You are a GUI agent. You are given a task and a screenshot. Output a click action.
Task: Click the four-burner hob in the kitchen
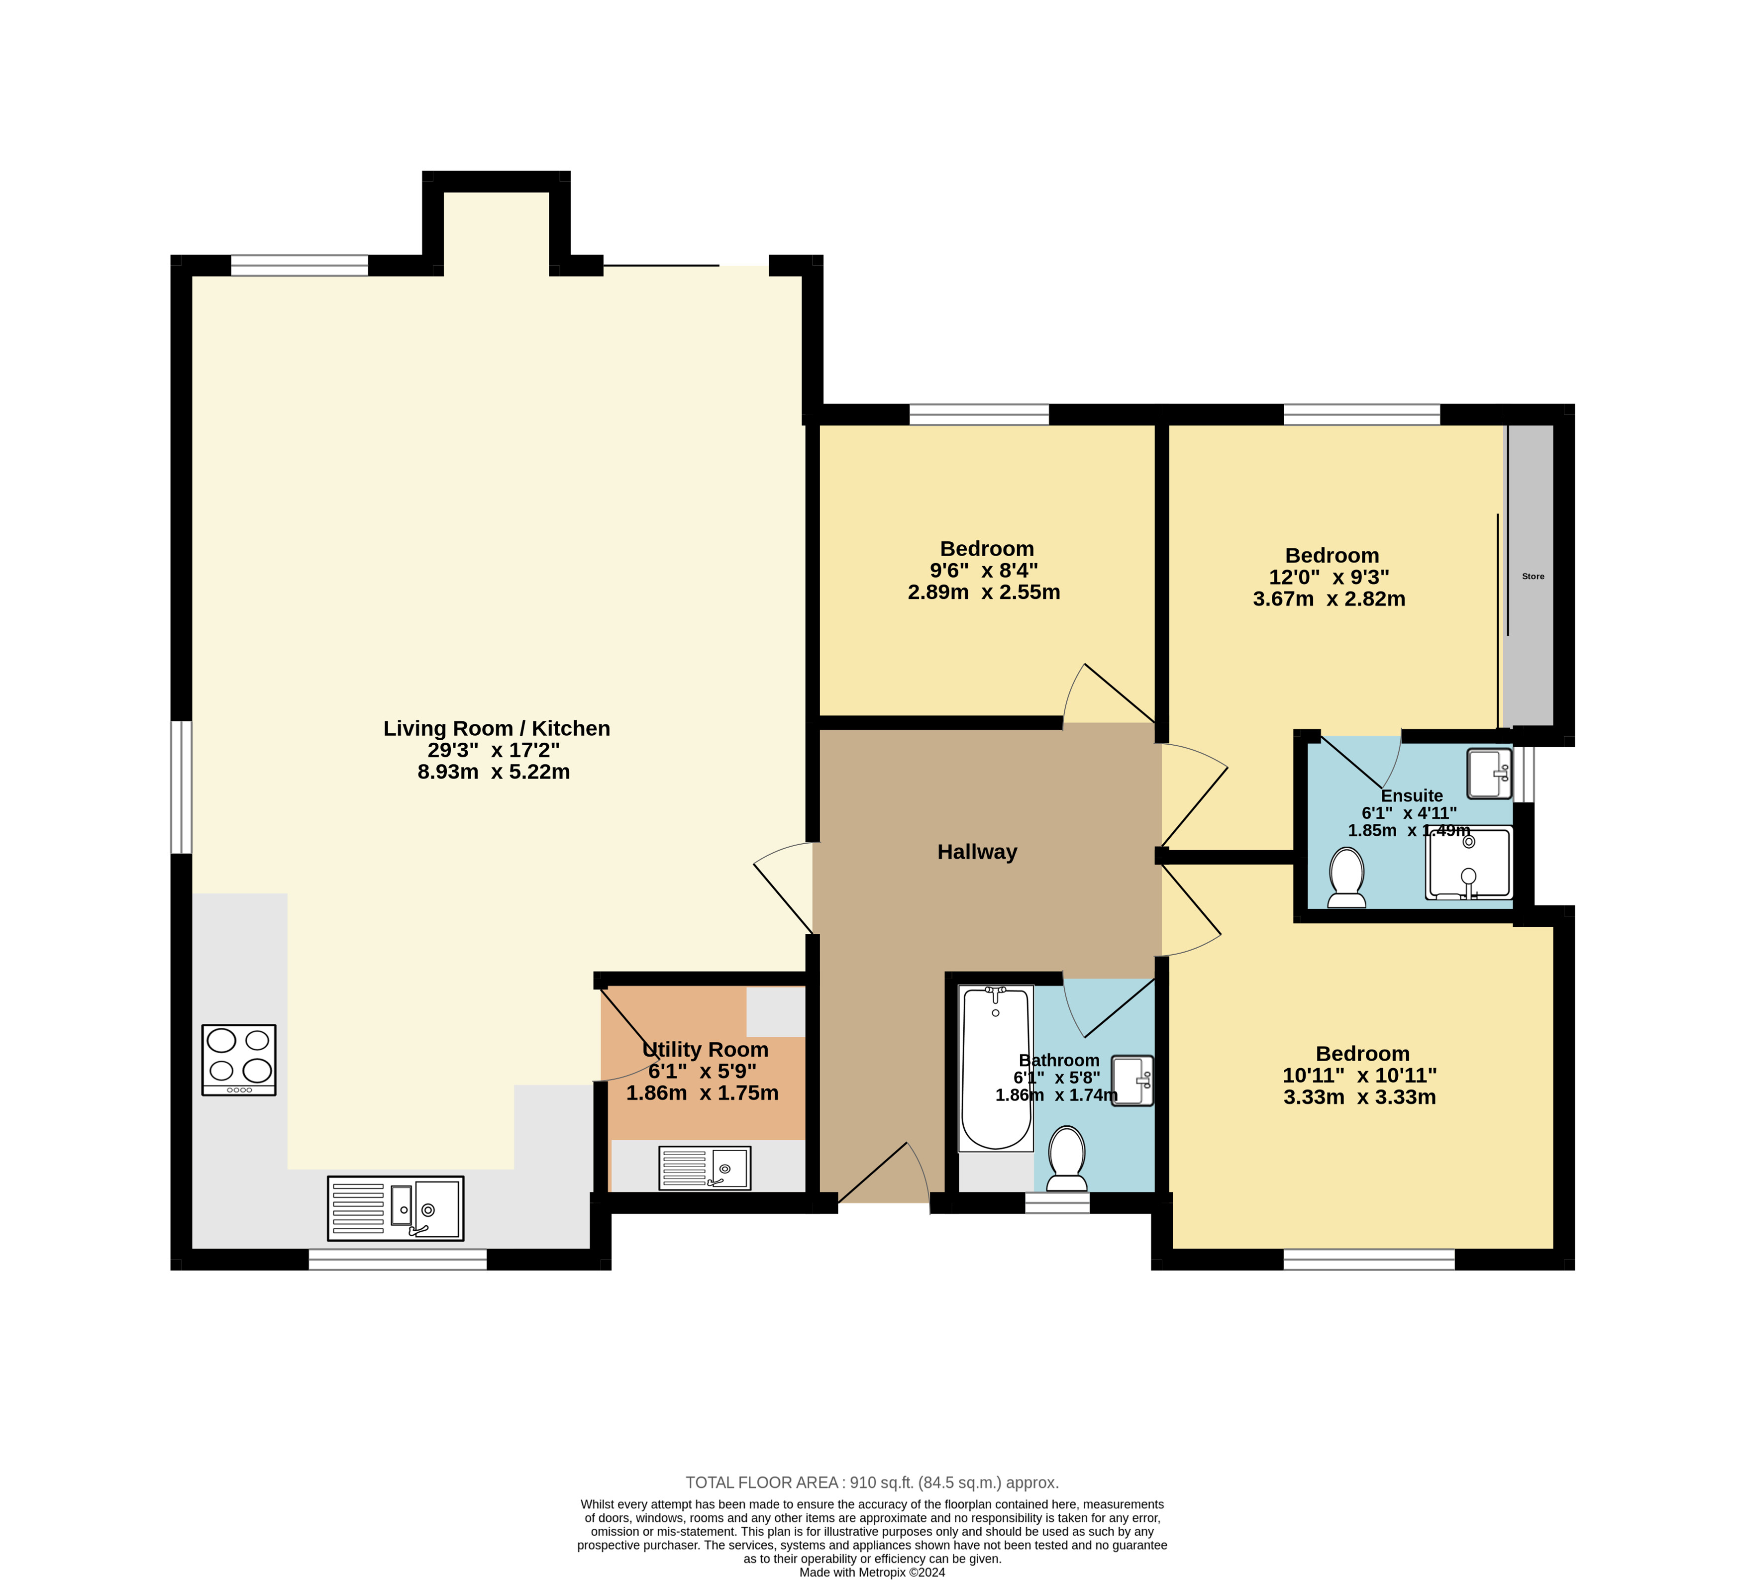(239, 1060)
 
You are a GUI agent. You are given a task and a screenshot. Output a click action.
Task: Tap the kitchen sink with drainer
(396, 1208)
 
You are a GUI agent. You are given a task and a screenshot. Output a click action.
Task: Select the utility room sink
(705, 1168)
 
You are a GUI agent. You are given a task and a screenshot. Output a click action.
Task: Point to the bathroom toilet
(1067, 1160)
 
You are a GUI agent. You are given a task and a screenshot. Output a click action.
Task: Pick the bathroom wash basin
(1132, 1081)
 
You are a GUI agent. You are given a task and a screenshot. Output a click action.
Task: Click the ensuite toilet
(1347, 878)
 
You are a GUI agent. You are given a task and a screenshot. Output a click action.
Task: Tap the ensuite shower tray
(1469, 863)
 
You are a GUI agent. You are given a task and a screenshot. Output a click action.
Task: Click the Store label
(1533, 576)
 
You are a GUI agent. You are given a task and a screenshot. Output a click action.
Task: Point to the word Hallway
(977, 852)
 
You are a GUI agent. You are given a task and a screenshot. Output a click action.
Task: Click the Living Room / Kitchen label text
(497, 729)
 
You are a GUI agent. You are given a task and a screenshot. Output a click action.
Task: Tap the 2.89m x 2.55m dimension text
(984, 592)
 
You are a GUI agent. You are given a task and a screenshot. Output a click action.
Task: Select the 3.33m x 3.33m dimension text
(1360, 1097)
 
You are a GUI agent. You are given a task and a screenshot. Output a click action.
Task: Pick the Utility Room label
(706, 1050)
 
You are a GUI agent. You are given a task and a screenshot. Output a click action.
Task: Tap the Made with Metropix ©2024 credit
(873, 1572)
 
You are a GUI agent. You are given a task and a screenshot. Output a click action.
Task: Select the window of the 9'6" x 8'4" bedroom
(979, 414)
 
